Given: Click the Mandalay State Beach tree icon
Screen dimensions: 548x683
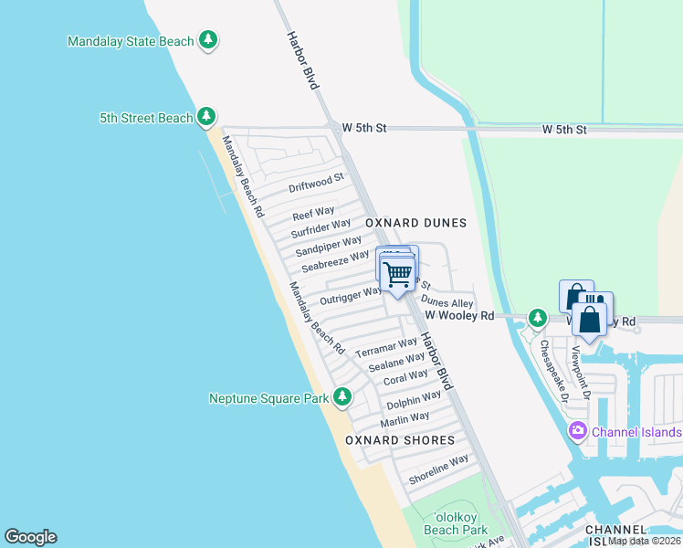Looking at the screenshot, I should tap(209, 40).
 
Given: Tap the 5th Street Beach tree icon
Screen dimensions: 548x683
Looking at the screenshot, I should tap(207, 117).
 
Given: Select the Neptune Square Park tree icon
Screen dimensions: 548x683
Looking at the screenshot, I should tap(342, 397).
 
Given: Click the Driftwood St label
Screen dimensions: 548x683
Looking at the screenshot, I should tap(316, 184).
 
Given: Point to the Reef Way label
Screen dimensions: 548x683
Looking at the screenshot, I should tap(313, 213).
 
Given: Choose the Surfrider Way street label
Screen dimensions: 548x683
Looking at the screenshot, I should tap(320, 227).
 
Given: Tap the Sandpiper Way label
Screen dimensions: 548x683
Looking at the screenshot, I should tap(329, 246).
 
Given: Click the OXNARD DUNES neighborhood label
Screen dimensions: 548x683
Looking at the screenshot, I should tap(415, 223).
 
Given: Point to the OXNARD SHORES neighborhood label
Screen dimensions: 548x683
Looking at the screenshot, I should tap(400, 440).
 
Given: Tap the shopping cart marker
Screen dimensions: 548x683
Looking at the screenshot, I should tap(397, 273).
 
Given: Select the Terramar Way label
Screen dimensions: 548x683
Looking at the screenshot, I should tap(385, 348).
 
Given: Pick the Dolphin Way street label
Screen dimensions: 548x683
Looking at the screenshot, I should tap(414, 400).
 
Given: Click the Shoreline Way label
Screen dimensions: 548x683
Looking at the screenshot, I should tap(438, 469).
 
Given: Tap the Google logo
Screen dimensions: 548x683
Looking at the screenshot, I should tap(30, 537).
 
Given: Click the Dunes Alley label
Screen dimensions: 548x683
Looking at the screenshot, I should tap(447, 302).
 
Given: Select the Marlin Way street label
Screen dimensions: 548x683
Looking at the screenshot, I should tap(405, 419).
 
